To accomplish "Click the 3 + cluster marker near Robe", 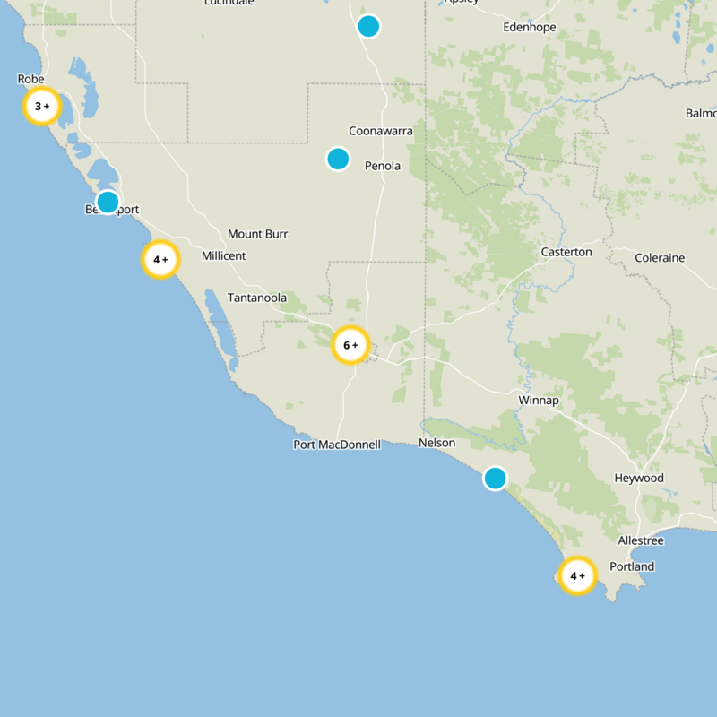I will click(x=41, y=107).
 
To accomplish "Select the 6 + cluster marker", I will click(x=350, y=345).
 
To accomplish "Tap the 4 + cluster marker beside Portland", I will click(x=577, y=575).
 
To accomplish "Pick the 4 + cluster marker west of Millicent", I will click(x=161, y=260).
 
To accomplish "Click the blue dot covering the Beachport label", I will click(x=108, y=202).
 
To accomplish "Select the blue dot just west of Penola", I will click(x=338, y=159).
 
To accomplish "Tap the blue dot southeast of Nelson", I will click(x=496, y=478).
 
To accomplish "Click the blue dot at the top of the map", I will click(x=368, y=26).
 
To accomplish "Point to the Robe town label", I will click(x=30, y=80).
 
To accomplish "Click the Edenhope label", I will click(x=530, y=28).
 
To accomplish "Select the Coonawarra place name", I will click(x=381, y=131).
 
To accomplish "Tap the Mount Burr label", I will click(x=258, y=234).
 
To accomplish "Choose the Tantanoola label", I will click(x=257, y=298).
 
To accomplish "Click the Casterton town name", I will click(x=566, y=252).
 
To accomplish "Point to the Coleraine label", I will click(x=660, y=258).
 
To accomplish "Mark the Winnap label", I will click(x=539, y=400).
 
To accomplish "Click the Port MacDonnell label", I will click(x=337, y=445).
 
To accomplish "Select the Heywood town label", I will click(x=639, y=479).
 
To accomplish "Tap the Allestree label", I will click(x=641, y=540).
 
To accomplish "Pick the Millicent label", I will click(x=223, y=256).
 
